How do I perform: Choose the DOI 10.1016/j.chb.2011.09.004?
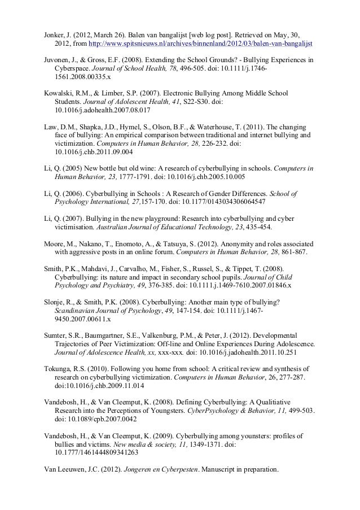pyautogui.click(x=93, y=152)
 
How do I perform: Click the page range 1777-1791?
pyautogui.click(x=124, y=177)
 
